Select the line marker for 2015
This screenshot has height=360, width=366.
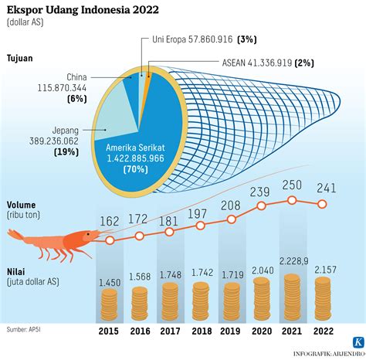pos(110,240)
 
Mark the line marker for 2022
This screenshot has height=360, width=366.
pos(323,205)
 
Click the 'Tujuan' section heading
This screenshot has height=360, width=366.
pos(21,58)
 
